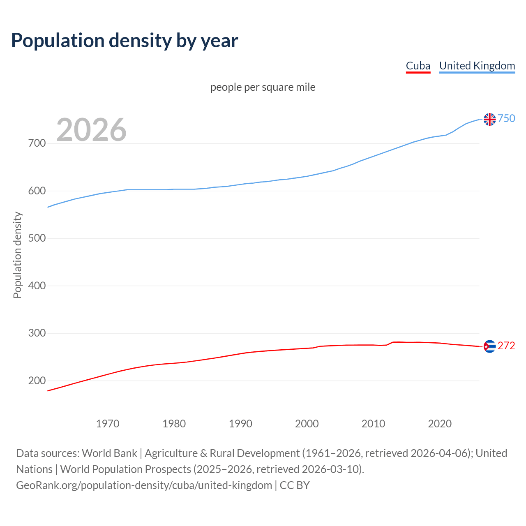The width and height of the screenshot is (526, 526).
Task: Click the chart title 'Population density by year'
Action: click(x=125, y=41)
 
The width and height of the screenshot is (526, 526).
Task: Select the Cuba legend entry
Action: click(x=418, y=66)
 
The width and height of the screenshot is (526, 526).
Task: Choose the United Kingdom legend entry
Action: click(x=477, y=66)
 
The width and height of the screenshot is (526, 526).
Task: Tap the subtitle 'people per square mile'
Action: click(x=263, y=88)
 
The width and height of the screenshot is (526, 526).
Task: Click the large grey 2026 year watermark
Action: click(x=91, y=130)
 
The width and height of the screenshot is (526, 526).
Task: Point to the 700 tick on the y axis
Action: click(x=37, y=143)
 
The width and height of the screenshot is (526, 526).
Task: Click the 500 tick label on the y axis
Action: click(x=37, y=238)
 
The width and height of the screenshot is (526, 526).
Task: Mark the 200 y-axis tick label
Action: click(x=37, y=381)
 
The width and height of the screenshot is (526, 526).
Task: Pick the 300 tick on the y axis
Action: click(x=37, y=333)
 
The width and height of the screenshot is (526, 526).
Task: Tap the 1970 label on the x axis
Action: click(x=108, y=424)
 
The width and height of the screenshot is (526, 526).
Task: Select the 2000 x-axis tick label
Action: click(x=307, y=424)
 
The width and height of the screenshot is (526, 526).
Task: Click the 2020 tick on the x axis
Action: click(x=440, y=424)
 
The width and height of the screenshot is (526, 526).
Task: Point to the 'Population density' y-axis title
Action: click(x=17, y=255)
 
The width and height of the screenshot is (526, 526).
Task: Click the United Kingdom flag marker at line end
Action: click(x=489, y=119)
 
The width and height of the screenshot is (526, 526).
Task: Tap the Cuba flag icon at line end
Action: click(x=489, y=346)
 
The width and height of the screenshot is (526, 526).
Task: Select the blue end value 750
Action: click(x=506, y=119)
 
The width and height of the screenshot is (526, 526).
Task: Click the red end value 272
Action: click(x=506, y=346)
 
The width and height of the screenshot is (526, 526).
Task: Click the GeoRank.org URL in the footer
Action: click(x=144, y=485)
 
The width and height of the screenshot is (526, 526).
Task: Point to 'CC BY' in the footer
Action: click(x=295, y=485)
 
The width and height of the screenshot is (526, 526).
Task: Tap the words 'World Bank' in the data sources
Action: click(x=109, y=453)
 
